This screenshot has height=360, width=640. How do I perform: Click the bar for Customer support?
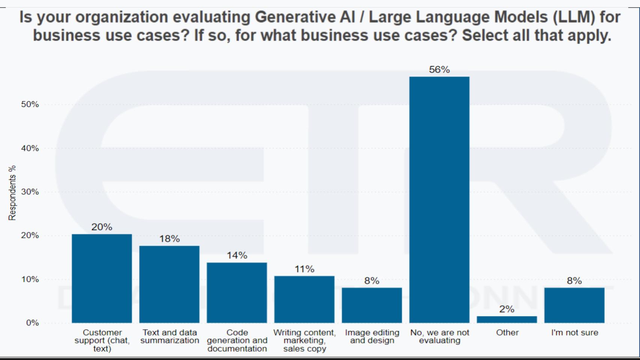[x=102, y=279]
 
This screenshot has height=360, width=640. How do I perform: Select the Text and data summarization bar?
[x=170, y=284]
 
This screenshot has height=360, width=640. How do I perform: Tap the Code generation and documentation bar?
[x=237, y=293]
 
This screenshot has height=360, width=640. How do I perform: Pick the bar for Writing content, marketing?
[x=304, y=300]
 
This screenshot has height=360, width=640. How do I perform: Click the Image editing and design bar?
[x=372, y=306]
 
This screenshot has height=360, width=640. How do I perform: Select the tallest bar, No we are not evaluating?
[x=439, y=200]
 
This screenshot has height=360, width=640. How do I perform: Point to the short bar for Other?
[x=507, y=320]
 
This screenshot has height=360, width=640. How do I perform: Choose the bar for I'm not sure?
[x=574, y=306]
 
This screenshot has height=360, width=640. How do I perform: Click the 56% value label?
[x=439, y=69]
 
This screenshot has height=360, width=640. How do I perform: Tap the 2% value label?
[x=507, y=309]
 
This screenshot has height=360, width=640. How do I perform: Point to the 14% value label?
[x=237, y=255]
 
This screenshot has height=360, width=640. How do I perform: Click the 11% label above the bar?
[x=304, y=269]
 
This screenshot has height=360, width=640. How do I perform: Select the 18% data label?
[x=170, y=239]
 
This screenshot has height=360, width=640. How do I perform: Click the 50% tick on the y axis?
[x=30, y=104]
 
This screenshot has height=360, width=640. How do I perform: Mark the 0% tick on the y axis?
[x=32, y=323]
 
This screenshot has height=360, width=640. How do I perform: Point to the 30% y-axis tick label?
[x=30, y=192]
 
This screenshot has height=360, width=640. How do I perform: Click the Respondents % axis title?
[x=12, y=193]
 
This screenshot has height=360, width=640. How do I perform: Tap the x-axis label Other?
[x=507, y=333]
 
